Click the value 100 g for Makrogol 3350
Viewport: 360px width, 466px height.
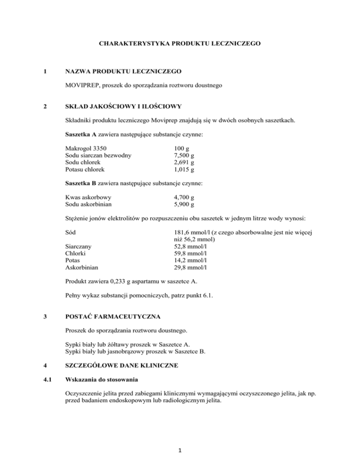(181, 149)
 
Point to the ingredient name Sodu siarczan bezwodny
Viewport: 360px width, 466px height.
(98, 155)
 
